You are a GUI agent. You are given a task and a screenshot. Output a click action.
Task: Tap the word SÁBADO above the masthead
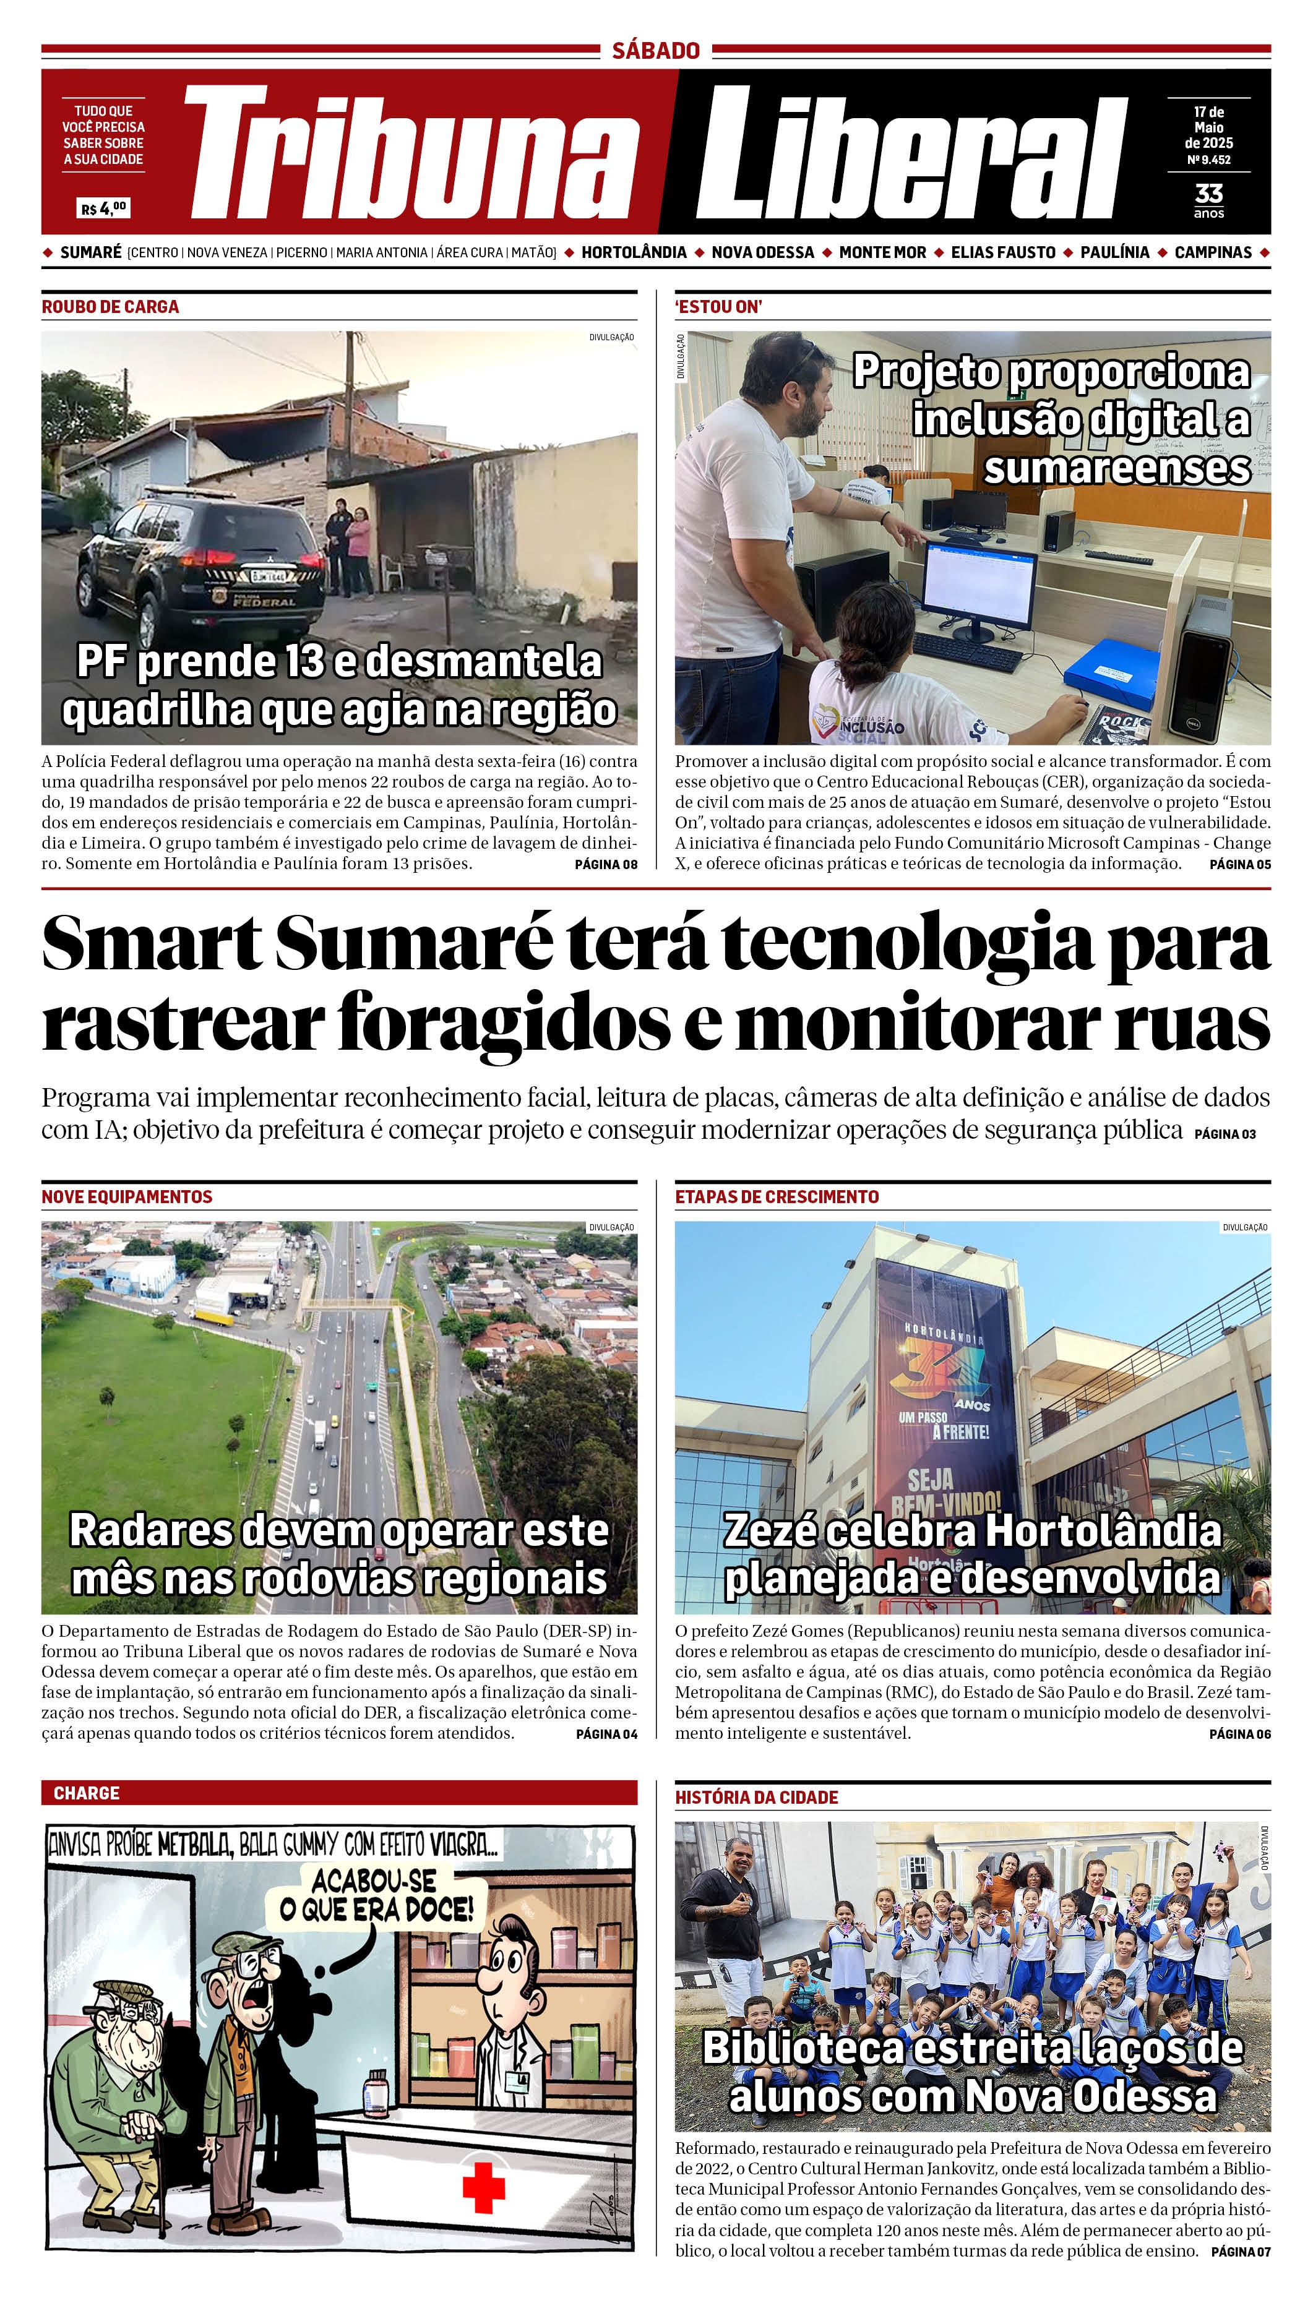(656, 51)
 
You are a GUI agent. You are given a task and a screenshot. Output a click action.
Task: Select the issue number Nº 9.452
(1208, 160)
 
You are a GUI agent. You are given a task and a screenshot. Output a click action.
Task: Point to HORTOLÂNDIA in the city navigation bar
(634, 252)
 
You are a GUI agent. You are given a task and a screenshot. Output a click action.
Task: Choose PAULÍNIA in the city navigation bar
(1114, 252)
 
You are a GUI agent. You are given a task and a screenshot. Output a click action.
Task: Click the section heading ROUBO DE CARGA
(110, 307)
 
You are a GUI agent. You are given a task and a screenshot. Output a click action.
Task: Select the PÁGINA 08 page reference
(606, 865)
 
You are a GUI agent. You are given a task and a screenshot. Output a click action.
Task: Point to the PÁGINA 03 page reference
(1225, 1134)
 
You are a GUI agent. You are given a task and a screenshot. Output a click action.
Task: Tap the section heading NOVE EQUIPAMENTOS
(126, 1197)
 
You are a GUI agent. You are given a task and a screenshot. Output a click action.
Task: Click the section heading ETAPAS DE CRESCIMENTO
(777, 1197)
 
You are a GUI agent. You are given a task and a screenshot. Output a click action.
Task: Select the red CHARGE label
(87, 1793)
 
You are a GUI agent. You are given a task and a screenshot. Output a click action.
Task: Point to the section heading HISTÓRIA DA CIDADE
(757, 1798)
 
